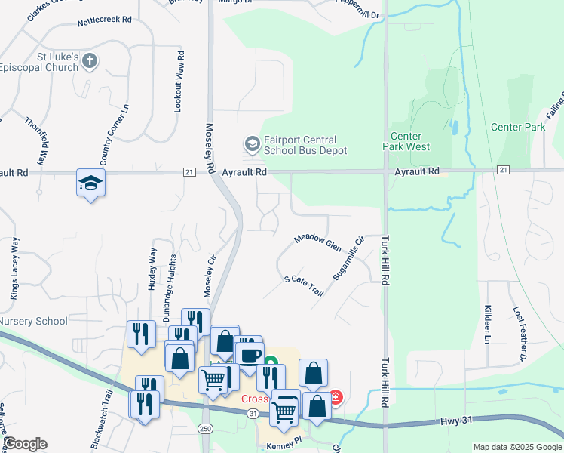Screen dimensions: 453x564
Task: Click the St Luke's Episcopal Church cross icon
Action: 90,61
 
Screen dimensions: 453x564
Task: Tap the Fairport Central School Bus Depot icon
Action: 251,143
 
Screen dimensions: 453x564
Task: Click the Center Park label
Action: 517,127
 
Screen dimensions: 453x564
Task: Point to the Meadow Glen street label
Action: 317,242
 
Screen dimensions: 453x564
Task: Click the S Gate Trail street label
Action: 303,286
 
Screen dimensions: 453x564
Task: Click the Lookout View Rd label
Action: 179,82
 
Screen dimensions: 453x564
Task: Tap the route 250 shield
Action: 205,429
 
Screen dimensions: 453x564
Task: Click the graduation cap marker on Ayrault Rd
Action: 90,183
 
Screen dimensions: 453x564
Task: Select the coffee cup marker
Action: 250,354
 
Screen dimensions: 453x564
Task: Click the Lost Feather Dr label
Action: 520,332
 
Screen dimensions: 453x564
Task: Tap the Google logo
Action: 25,444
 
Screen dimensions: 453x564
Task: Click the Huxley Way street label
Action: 152,269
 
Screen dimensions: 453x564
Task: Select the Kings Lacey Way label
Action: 14,269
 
